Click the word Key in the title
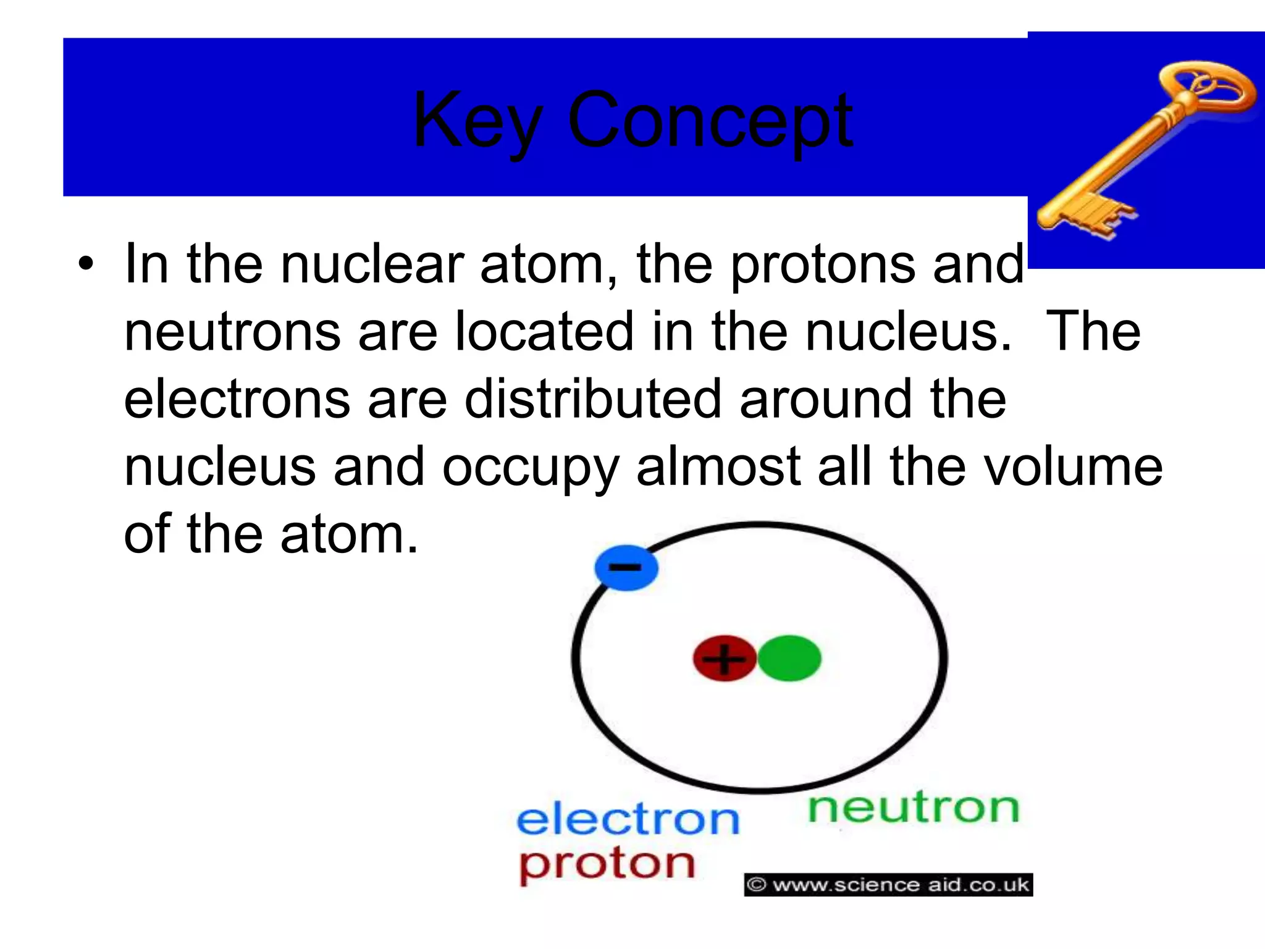coord(477,120)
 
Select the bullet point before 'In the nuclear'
coord(86,265)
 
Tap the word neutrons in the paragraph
coord(232,332)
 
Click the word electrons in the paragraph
coord(237,400)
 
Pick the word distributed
coord(593,400)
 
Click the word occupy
coord(530,468)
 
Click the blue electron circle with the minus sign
coord(626,567)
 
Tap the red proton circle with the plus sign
coord(724,659)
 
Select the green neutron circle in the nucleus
coord(789,659)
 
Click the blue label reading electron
coord(628,819)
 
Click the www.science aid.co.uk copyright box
coord(888,885)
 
